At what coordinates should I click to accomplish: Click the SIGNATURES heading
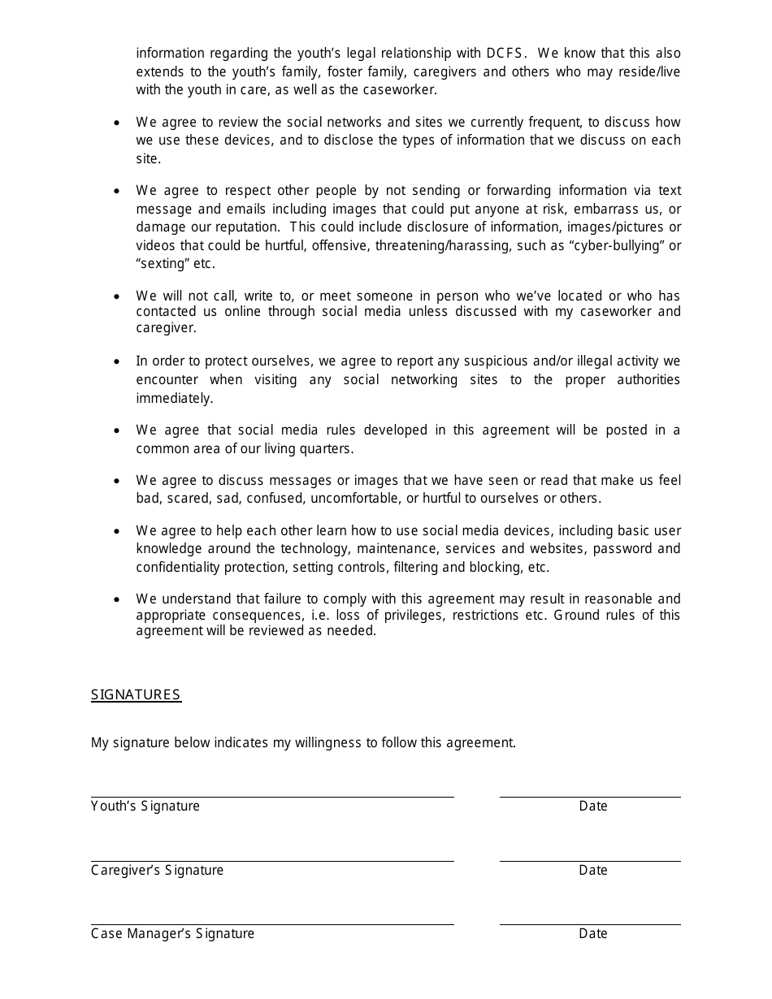click(x=136, y=694)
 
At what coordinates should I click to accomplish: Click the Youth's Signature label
click(x=145, y=806)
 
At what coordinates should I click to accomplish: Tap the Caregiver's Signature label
click(x=157, y=870)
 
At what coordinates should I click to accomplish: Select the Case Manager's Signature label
click(x=172, y=933)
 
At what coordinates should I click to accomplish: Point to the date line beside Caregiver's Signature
click(x=590, y=860)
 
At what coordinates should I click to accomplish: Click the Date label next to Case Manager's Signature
click(x=593, y=933)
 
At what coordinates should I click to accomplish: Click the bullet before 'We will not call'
click(x=119, y=296)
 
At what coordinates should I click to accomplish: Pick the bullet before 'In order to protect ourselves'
click(x=119, y=361)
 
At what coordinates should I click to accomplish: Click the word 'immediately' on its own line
click(x=174, y=398)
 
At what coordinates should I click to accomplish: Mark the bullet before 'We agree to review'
click(x=119, y=123)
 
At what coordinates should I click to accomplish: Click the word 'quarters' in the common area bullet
click(x=326, y=448)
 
